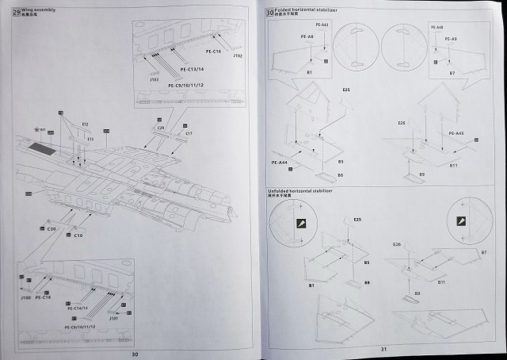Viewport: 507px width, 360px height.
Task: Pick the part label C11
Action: (189, 134)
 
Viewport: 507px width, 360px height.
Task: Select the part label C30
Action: (51, 228)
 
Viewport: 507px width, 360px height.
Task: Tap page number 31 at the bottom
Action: (383, 350)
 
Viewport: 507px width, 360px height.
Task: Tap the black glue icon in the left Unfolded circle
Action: (301, 224)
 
